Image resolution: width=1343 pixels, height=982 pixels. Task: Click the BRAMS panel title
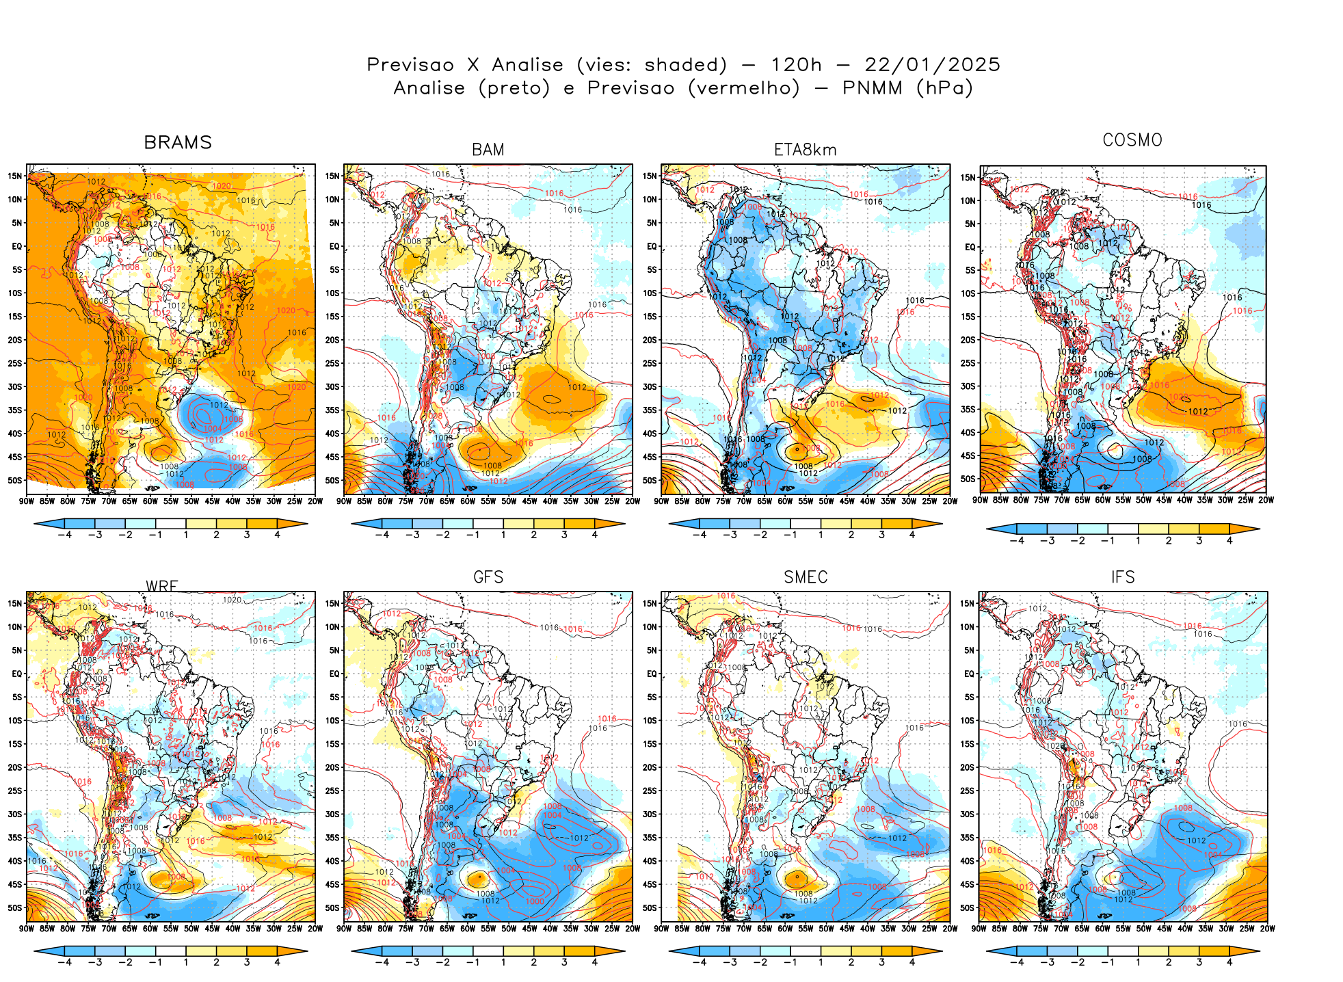click(x=178, y=142)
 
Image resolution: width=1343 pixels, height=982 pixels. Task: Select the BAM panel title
click(x=488, y=150)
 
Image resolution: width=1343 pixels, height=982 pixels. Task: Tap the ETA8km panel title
click(x=805, y=150)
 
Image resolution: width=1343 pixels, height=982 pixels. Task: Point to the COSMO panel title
click(x=1132, y=140)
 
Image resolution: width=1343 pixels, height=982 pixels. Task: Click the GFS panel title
click(x=488, y=577)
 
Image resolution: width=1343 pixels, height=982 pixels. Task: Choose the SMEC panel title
click(x=806, y=577)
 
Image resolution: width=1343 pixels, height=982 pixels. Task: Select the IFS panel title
click(x=1123, y=577)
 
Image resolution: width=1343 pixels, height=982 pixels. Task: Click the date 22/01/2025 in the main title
click(x=932, y=65)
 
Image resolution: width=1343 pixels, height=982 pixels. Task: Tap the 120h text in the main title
click(x=796, y=65)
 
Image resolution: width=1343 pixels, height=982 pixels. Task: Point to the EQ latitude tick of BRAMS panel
click(x=17, y=246)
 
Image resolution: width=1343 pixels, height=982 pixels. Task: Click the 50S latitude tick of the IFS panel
click(x=967, y=908)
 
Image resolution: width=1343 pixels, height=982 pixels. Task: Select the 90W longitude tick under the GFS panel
click(x=344, y=929)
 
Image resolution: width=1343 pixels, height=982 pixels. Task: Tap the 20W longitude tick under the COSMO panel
click(x=1266, y=500)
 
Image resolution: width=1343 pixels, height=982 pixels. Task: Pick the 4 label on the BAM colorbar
click(x=594, y=535)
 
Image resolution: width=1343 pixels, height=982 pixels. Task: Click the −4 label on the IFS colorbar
click(x=1017, y=963)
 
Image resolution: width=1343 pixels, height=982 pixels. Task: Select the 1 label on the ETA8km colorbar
click(x=821, y=535)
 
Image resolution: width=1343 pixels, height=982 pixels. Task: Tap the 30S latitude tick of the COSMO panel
click(x=968, y=386)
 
